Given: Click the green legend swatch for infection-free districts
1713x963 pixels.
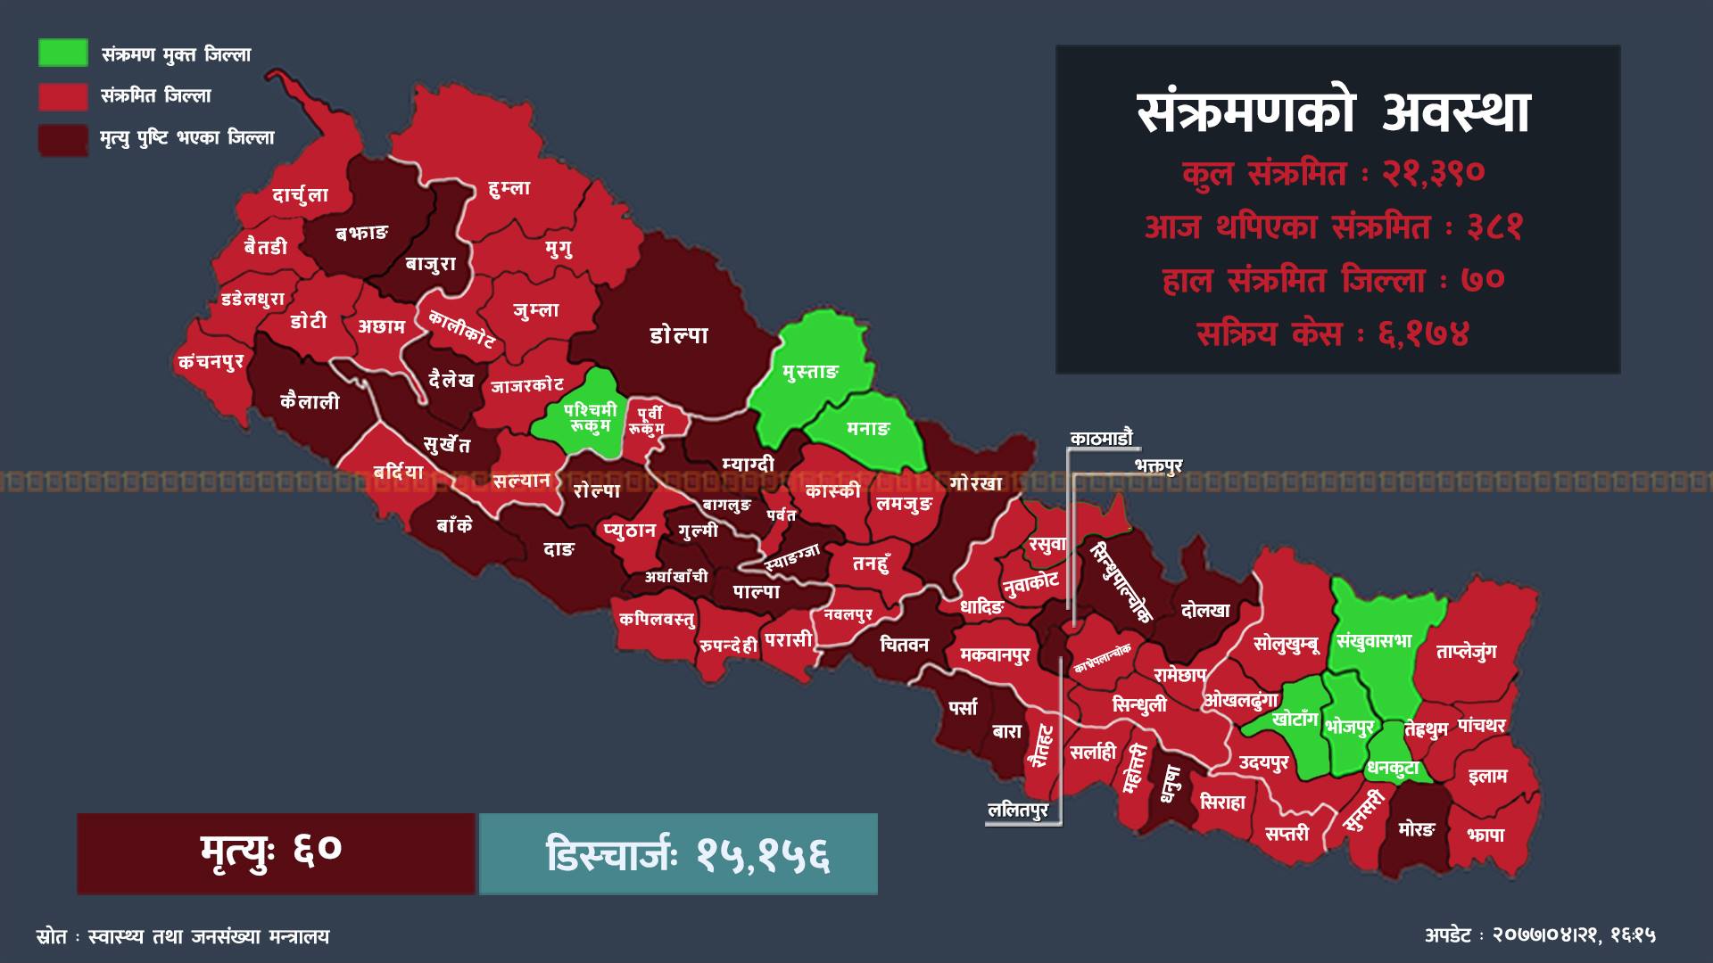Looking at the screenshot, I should tap(62, 53).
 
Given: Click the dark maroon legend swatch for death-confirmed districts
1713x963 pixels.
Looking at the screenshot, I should tap(62, 140).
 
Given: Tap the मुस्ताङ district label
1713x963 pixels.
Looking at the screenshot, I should tap(810, 372).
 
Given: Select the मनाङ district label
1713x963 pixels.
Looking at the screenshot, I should tap(868, 429).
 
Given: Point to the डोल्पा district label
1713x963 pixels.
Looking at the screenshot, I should tap(679, 335).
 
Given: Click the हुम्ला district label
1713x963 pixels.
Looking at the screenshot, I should tap(509, 188).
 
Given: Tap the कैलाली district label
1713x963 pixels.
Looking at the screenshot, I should tap(310, 401).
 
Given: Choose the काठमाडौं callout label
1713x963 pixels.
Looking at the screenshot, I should tap(1101, 438).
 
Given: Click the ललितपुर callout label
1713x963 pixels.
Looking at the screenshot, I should tap(1017, 811).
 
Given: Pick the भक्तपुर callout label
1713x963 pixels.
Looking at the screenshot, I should tap(1158, 465).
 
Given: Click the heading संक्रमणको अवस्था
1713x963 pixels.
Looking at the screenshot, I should tap(1334, 114).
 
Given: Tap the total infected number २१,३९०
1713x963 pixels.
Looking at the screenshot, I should tap(1433, 173).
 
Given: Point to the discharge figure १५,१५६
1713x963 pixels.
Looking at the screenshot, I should tap(764, 855).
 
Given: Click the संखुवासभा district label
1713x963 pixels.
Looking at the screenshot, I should tap(1374, 641).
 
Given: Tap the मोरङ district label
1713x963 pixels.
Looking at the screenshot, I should tap(1415, 829).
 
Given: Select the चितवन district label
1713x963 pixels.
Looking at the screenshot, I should tap(904, 644).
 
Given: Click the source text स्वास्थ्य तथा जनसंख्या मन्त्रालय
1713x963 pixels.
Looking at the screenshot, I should tap(203, 937).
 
